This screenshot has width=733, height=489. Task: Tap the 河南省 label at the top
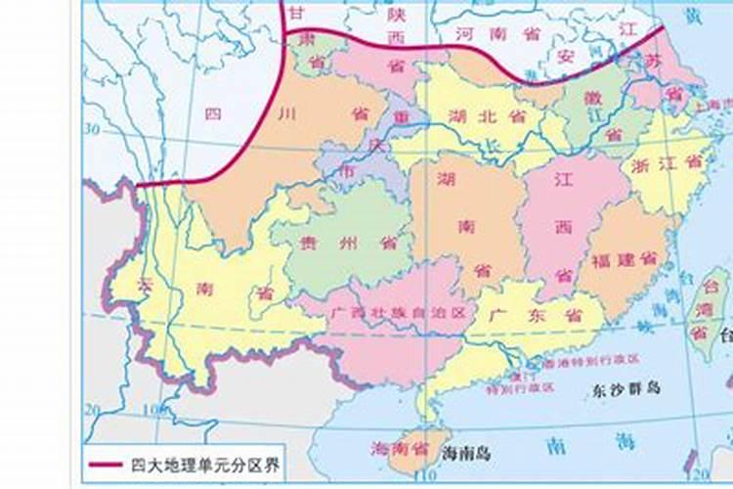coord(497,33)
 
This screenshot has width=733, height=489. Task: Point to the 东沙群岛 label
coord(626,388)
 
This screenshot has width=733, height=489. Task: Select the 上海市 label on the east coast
coord(708,105)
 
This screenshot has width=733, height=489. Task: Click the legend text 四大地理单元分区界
coord(204,465)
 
